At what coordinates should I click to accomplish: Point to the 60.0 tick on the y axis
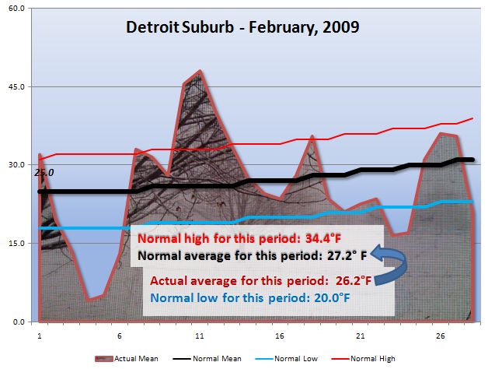17,9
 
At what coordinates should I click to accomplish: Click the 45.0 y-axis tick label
17,87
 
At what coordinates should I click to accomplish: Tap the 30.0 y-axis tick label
17,165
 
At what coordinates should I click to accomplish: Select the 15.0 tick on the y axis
17,244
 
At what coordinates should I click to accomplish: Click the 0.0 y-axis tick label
19,322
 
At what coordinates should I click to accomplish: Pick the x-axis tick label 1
39,336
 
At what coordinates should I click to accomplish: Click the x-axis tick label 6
119,336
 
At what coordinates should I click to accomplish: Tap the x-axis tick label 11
200,336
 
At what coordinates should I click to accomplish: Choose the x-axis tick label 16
280,336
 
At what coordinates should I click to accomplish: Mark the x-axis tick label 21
360,336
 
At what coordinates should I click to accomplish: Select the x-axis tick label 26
441,336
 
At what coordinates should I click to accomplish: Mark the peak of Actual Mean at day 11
200,71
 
